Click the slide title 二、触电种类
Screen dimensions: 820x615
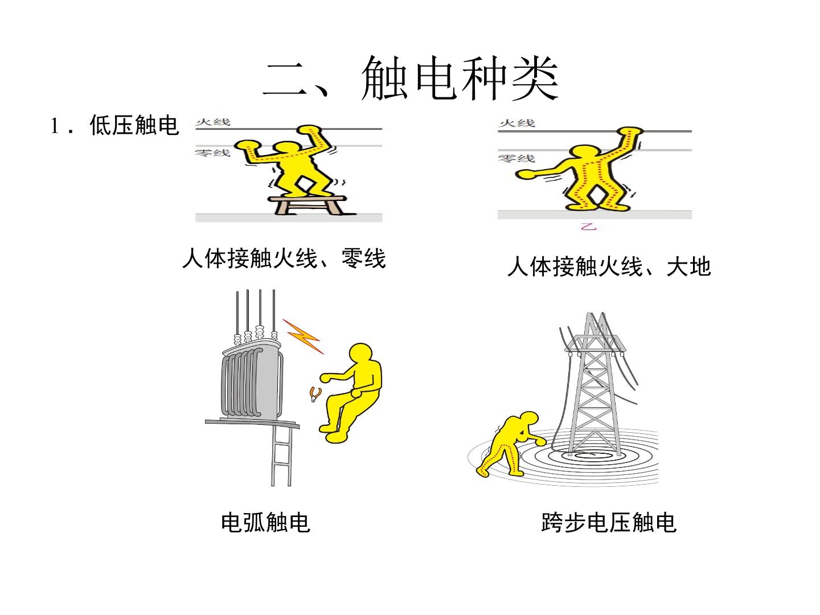click(411, 79)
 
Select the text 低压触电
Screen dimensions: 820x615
click(134, 125)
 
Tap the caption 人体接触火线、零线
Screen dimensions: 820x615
click(284, 259)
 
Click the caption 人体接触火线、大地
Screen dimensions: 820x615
click(609, 266)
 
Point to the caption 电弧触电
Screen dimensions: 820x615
click(265, 522)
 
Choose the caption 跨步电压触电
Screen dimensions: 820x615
click(609, 522)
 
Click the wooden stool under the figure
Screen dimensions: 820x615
click(309, 206)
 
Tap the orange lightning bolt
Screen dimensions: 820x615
click(303, 336)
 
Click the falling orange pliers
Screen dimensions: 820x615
click(315, 394)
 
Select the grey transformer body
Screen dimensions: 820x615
click(251, 382)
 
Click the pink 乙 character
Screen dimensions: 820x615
click(588, 226)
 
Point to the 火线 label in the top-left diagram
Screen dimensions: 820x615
click(213, 122)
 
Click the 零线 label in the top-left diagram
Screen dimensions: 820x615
click(212, 153)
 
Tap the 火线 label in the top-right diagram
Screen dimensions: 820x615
click(516, 123)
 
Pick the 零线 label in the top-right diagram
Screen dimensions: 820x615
click(516, 158)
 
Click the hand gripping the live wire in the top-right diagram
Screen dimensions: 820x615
click(630, 132)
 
